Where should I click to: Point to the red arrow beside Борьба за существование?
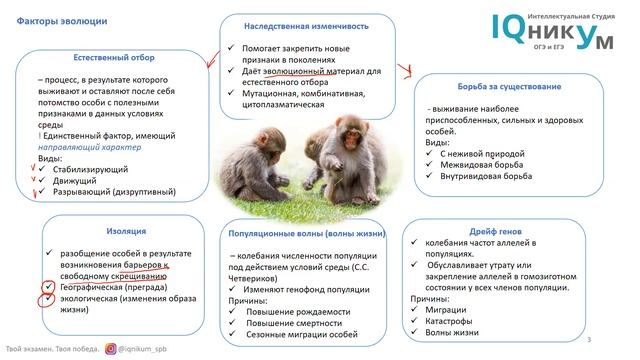coord(404,71)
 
